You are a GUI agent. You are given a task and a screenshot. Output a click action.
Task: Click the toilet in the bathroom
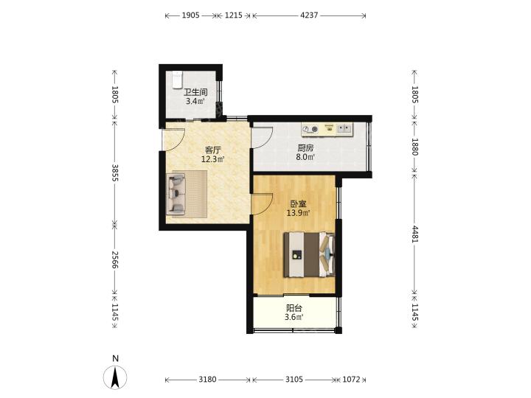click(x=177, y=80)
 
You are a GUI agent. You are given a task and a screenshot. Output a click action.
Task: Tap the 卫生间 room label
click(x=195, y=92)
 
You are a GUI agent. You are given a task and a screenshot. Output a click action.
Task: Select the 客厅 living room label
click(x=213, y=150)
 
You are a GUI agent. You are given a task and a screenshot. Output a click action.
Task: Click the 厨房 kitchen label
click(x=305, y=148)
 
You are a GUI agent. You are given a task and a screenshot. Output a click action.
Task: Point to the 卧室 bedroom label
click(x=299, y=204)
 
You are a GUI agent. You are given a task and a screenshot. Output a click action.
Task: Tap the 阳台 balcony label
click(x=294, y=308)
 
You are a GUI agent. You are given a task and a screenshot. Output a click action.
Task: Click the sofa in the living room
click(x=176, y=194)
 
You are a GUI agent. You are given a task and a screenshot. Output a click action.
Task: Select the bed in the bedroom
click(x=309, y=254)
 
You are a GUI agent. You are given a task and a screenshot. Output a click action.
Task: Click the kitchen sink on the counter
click(x=344, y=128)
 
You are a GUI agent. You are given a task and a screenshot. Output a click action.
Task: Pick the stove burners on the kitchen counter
click(x=310, y=129)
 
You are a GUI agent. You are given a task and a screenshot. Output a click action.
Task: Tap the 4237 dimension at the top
click(x=309, y=15)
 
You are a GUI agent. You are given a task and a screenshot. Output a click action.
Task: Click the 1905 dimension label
click(x=191, y=15)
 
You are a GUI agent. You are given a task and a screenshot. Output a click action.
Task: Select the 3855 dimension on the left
click(x=115, y=172)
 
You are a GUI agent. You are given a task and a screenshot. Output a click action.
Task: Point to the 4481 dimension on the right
click(x=414, y=234)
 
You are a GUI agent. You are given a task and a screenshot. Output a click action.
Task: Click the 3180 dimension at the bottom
click(x=207, y=380)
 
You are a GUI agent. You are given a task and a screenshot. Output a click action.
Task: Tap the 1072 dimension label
click(x=351, y=380)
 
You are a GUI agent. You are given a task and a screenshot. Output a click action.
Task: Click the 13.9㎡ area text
click(x=299, y=213)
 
